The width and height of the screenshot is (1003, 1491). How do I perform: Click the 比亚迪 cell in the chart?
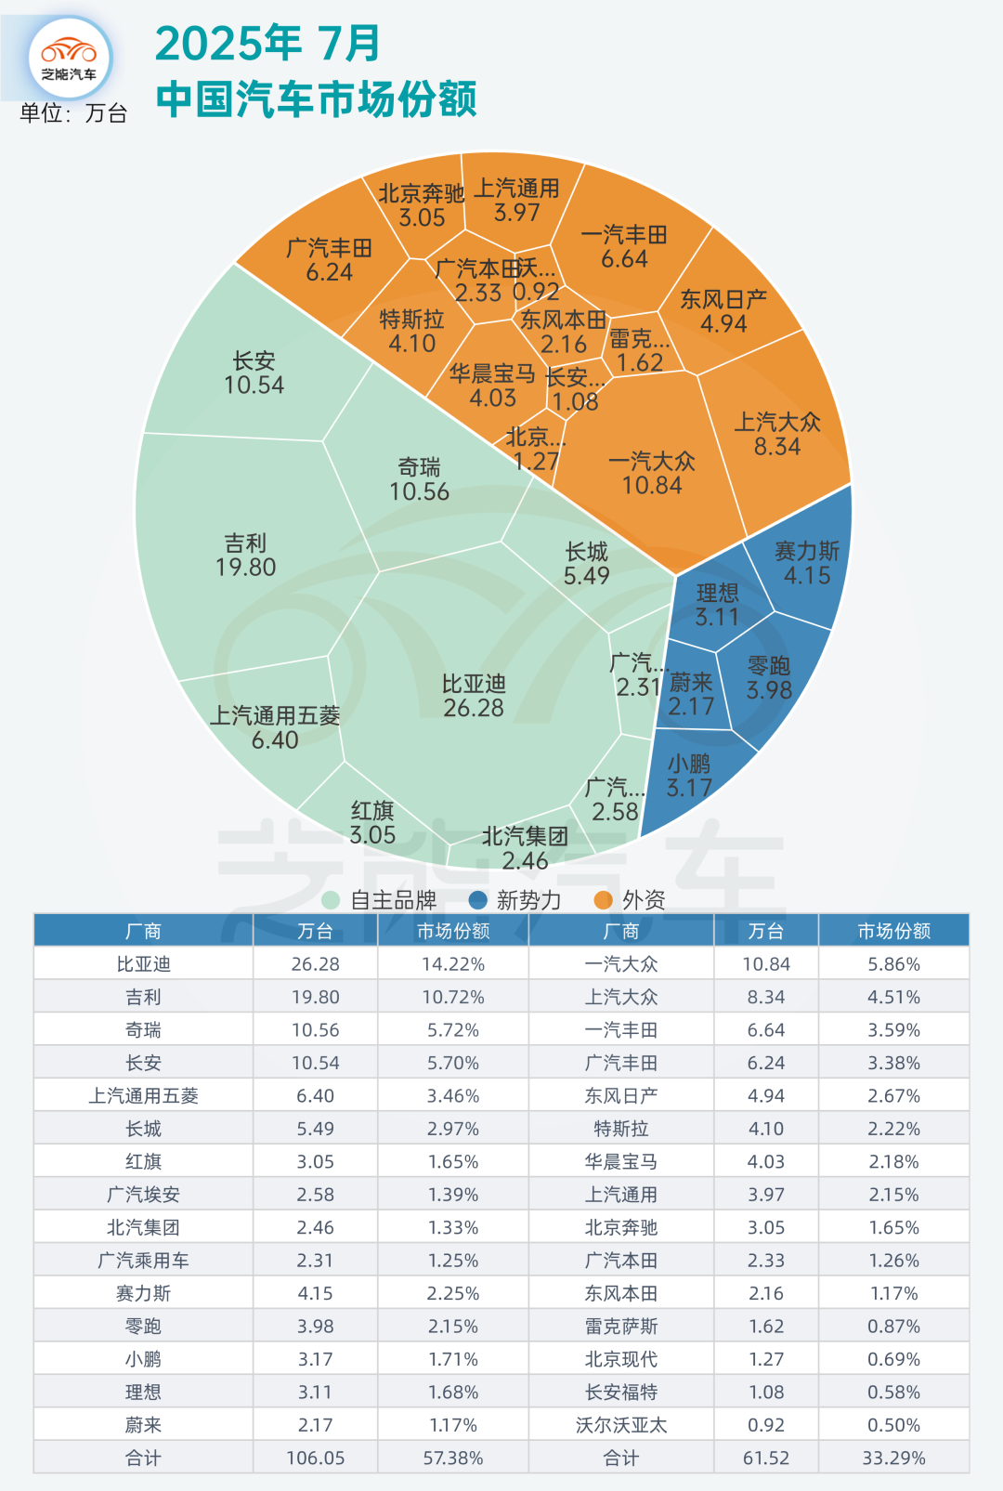pos(474,696)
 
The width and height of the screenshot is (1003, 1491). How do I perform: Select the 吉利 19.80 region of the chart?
pos(246,555)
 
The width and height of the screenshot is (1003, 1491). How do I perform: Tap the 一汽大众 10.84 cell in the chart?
pos(652,473)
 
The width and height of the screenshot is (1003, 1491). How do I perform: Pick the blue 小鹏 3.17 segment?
pos(689,776)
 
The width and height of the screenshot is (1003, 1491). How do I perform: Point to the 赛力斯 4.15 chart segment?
pos(806,563)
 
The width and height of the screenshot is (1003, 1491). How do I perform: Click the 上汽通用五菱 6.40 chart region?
pos(274,727)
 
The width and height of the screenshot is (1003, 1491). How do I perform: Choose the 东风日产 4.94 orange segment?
pos(723,311)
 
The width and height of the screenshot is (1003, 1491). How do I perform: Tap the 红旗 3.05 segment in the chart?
pos(372,822)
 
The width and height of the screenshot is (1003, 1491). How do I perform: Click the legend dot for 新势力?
pos(478,899)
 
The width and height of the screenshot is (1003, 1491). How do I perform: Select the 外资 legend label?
pos(644,899)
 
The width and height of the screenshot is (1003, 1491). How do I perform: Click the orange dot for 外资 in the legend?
pos(604,899)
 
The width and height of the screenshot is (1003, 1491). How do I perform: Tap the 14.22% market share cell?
pos(453,964)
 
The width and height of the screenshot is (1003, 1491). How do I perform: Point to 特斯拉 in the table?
pos(621,1129)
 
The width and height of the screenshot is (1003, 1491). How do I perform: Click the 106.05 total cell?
pos(316,1458)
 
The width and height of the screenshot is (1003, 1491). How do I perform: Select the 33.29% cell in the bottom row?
pos(893,1458)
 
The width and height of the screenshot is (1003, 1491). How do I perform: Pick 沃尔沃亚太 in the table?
pos(621,1425)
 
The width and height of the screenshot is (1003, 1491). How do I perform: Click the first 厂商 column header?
pos(143,931)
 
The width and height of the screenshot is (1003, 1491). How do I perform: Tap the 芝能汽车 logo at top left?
pos(70,58)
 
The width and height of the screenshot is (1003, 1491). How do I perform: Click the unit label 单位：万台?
pos(73,113)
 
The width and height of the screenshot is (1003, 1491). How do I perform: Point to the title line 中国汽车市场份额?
pos(317,99)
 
